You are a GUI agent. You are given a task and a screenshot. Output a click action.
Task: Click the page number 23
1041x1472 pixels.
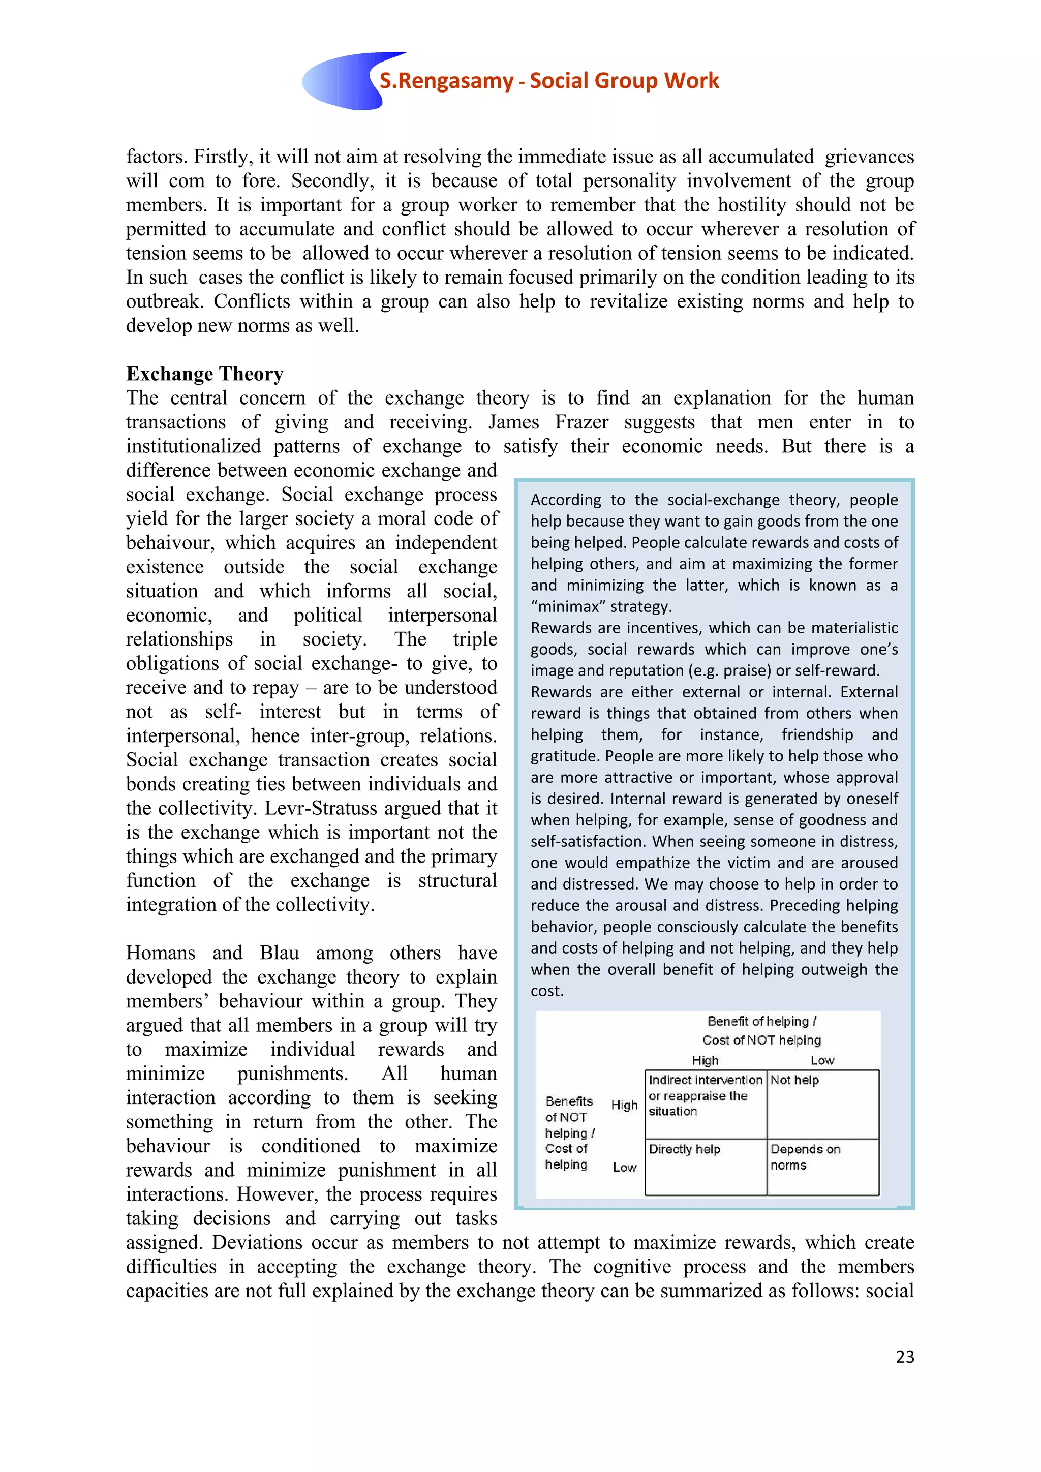(x=904, y=1356)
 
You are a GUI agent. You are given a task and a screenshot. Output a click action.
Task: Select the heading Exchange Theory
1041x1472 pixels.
(x=204, y=374)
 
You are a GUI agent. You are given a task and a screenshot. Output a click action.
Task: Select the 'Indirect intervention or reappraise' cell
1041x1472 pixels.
(x=705, y=1096)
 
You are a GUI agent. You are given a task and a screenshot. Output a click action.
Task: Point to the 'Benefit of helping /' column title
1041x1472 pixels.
(x=761, y=1021)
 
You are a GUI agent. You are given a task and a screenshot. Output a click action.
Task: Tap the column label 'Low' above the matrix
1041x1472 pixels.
(x=822, y=1060)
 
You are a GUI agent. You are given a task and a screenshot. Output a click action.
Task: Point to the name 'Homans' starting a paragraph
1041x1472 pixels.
(x=160, y=954)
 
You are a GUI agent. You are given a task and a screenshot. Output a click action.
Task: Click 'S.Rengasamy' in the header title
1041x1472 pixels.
(x=446, y=81)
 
